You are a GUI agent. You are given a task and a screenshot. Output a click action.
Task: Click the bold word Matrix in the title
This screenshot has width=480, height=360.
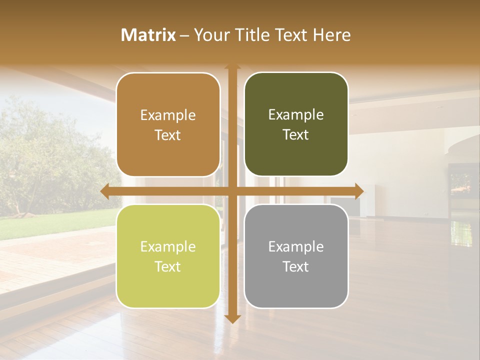coord(148,35)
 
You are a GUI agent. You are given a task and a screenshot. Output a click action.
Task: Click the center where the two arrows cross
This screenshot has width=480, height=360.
coord(232,191)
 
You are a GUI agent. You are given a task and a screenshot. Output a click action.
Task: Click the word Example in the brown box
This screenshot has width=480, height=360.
coord(168,115)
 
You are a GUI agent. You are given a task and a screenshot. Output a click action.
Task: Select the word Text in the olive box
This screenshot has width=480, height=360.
coord(296,135)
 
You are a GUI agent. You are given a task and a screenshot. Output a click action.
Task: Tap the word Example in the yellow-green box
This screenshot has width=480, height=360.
coord(168,247)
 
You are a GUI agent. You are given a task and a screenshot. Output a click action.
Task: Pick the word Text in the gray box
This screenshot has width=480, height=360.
coord(296,267)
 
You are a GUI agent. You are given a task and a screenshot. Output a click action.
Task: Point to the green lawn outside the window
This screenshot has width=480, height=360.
coord(55,222)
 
